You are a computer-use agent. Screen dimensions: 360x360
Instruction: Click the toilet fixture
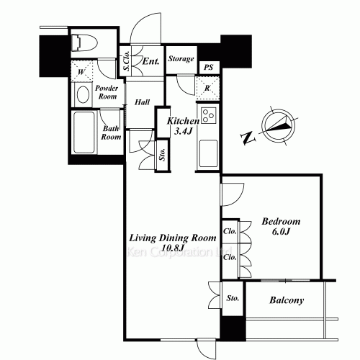click(x=84, y=43)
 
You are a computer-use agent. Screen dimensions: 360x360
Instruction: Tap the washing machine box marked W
click(x=81, y=71)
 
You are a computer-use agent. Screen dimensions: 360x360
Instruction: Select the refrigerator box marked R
click(x=208, y=88)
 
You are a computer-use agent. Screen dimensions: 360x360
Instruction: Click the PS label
click(x=209, y=68)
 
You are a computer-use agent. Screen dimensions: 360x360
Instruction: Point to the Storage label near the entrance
click(x=181, y=58)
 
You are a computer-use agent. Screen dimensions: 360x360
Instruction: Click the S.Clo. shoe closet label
click(x=127, y=61)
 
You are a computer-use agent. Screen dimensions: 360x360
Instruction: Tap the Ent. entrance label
click(x=150, y=61)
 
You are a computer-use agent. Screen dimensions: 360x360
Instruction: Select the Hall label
click(x=142, y=102)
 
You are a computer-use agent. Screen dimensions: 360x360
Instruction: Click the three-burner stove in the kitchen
click(x=208, y=115)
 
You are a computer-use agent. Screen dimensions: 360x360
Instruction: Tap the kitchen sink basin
click(x=208, y=153)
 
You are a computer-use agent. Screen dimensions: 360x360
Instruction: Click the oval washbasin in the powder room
click(x=83, y=94)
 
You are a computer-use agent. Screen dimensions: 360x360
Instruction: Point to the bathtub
click(x=84, y=132)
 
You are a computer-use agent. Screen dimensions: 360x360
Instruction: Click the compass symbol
click(x=279, y=126)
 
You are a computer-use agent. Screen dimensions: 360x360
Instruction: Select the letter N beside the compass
click(x=248, y=138)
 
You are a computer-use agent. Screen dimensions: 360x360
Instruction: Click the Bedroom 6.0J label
click(x=281, y=226)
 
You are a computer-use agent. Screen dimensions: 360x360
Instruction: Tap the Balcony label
click(x=287, y=300)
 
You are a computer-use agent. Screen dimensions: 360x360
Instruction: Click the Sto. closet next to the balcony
click(x=233, y=298)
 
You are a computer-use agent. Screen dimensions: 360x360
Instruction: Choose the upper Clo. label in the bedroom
click(x=230, y=231)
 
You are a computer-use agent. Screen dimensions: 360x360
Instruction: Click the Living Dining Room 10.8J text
click(x=173, y=243)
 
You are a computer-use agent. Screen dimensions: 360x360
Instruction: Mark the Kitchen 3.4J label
click(x=183, y=126)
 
